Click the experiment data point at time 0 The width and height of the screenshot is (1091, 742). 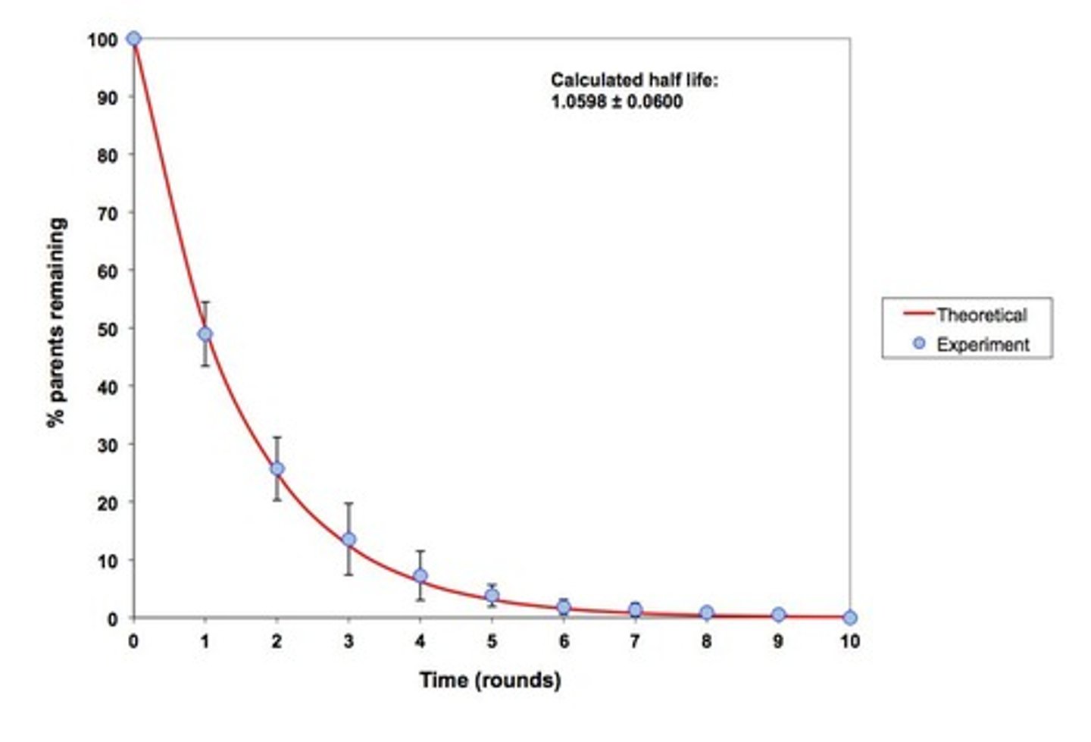tap(133, 39)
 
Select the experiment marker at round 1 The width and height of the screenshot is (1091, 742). tap(205, 334)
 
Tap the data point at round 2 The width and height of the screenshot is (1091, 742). tap(277, 469)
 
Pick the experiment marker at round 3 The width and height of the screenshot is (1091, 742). tap(349, 540)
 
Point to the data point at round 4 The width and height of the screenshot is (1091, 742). tap(420, 576)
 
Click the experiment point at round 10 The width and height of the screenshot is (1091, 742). tap(850, 618)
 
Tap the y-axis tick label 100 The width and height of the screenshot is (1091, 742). tap(103, 39)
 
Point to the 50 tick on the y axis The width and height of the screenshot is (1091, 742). tap(108, 329)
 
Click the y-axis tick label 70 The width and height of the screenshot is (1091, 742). tap(108, 214)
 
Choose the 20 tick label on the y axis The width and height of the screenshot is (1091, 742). tap(108, 502)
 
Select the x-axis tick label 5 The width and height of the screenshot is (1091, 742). tap(492, 641)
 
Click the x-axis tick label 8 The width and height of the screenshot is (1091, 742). tap(707, 641)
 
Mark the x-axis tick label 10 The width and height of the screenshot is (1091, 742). tap(850, 641)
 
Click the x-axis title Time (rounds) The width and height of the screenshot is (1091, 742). tap(491, 680)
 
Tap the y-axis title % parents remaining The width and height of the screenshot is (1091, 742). tap(58, 322)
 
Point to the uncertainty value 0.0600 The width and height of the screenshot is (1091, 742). tap(655, 102)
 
